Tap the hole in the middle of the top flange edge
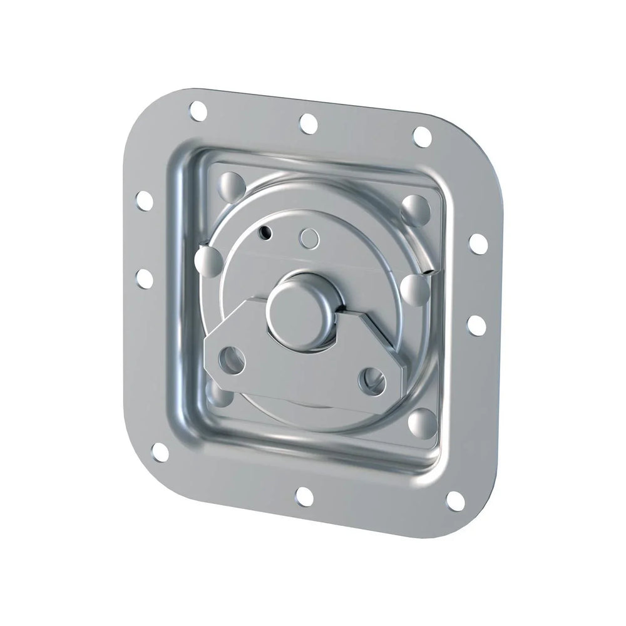[x=308, y=123]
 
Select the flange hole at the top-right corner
[x=423, y=135]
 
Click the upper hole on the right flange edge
[x=478, y=243]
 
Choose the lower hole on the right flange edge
[x=476, y=324]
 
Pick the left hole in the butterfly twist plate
[x=234, y=359]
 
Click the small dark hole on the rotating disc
[x=265, y=232]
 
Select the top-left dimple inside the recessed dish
[x=231, y=185]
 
